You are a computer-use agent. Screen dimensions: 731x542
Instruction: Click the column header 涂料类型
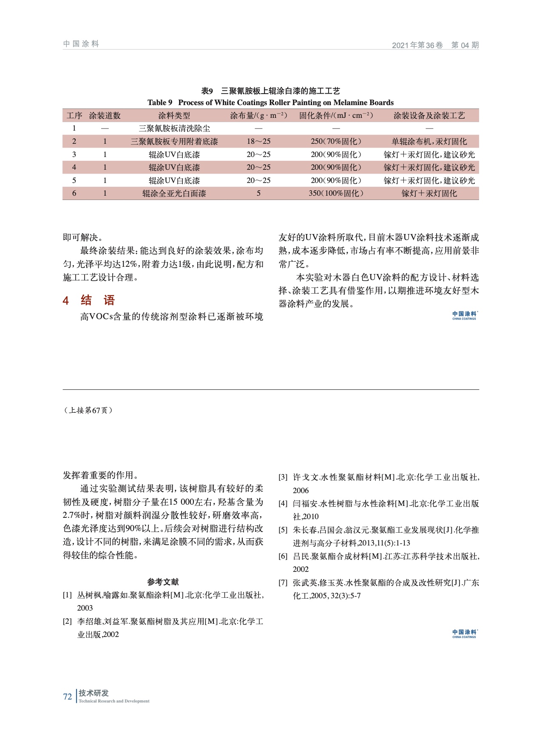tap(174, 116)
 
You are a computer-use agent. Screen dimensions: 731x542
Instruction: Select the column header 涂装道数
tap(105, 116)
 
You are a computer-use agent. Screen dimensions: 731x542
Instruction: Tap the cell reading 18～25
tap(258, 142)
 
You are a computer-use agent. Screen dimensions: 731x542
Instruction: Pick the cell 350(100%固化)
tap(336, 194)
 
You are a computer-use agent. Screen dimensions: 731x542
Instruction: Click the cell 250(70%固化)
tap(336, 142)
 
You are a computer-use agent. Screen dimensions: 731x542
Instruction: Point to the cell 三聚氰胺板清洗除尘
tap(174, 128)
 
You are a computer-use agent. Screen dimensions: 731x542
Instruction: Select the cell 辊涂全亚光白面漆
tap(174, 194)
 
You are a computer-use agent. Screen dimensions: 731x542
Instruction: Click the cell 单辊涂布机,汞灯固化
tap(429, 142)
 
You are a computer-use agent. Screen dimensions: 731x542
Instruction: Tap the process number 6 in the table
tap(74, 194)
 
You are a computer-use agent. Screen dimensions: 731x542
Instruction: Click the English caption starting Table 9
tap(270, 103)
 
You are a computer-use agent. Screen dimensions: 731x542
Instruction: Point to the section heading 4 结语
tap(89, 300)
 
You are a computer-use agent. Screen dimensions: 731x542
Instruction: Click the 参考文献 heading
tap(163, 582)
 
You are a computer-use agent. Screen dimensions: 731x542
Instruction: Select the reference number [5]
tap(283, 530)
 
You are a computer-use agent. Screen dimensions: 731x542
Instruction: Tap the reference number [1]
tap(67, 595)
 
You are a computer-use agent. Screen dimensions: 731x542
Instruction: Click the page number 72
tap(67, 697)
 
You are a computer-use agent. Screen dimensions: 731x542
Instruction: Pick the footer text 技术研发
tap(94, 693)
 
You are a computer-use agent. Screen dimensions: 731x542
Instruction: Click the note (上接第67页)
tap(88, 410)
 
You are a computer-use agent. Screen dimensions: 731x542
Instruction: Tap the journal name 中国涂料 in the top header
tap(81, 44)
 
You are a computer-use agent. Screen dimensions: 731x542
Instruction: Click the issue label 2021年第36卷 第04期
tap(435, 45)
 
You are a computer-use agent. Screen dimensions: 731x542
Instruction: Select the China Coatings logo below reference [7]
tap(464, 634)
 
